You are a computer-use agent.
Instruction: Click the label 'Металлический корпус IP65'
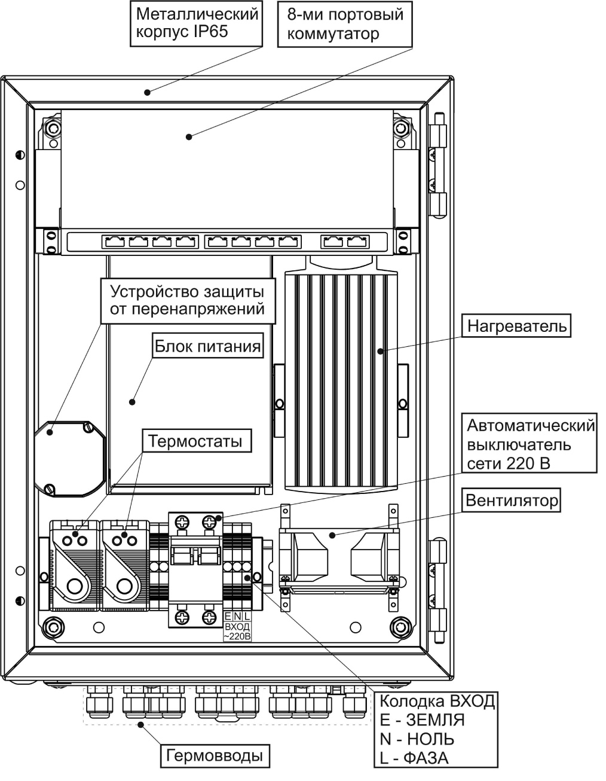click(197, 23)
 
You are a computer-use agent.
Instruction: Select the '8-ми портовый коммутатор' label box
click(345, 24)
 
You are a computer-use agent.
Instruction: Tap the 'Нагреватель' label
click(516, 327)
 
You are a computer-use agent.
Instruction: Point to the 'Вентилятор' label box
click(512, 500)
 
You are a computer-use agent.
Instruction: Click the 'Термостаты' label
click(195, 442)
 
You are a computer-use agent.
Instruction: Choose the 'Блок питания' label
click(207, 346)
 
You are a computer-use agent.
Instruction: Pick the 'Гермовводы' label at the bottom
click(215, 755)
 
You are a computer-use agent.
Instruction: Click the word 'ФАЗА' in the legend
click(426, 758)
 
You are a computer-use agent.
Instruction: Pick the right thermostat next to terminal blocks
click(124, 565)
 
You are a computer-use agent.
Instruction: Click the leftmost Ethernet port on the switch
click(113, 242)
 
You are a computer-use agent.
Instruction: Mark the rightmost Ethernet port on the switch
click(356, 242)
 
